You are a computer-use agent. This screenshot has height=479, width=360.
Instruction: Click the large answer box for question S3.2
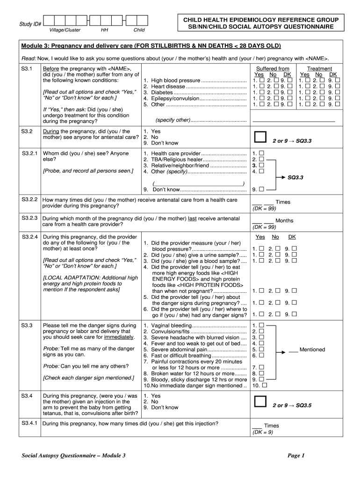tap(259, 137)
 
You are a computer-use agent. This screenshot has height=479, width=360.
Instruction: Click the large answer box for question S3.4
tap(259, 402)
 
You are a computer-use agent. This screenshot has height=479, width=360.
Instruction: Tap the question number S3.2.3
tap(29, 218)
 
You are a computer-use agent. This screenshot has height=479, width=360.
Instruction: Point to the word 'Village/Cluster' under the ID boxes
tap(65, 30)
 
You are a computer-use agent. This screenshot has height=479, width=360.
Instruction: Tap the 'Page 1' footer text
tap(296, 456)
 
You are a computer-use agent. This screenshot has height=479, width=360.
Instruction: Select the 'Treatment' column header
tap(319, 69)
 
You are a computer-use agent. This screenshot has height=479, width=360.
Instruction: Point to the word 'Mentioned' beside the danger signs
tap(312, 349)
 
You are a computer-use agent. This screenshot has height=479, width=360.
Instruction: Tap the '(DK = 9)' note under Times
tap(262, 432)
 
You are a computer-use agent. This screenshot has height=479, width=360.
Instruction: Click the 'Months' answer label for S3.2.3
tap(284, 221)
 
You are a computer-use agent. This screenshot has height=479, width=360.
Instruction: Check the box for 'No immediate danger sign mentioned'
tap(265, 386)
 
